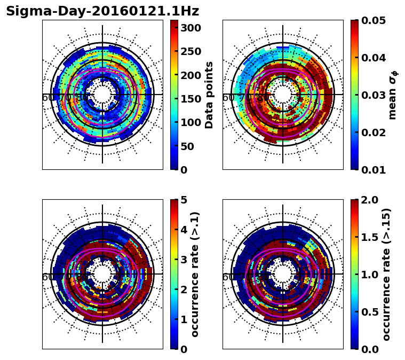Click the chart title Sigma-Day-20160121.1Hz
102,11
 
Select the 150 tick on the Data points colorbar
190,99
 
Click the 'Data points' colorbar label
209,95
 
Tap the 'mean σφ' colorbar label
392,95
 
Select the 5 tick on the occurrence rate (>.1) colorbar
184,200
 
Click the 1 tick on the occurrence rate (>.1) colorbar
184,319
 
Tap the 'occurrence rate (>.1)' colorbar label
195,274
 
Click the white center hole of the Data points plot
102,95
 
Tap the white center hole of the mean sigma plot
283,95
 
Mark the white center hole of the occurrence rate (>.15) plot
283,274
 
